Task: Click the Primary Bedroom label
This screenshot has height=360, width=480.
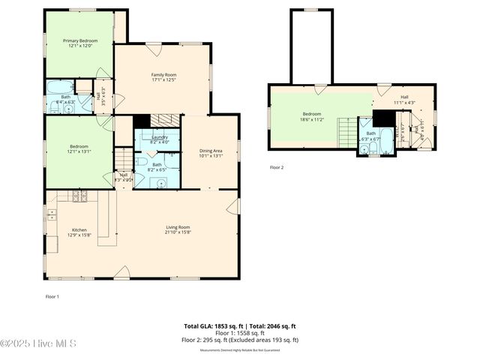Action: pyautogui.click(x=79, y=43)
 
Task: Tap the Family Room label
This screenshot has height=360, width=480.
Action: pyautogui.click(x=163, y=77)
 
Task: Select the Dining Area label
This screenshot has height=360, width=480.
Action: pyautogui.click(x=210, y=153)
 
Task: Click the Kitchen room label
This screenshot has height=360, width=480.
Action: pyautogui.click(x=79, y=232)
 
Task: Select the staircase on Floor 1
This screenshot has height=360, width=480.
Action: pyautogui.click(x=122, y=159)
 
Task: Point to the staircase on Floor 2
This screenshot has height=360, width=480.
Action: pyautogui.click(x=346, y=133)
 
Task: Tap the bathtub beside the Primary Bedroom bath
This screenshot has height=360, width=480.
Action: pyautogui.click(x=60, y=87)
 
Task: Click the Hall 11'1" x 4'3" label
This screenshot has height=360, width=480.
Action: pyautogui.click(x=403, y=100)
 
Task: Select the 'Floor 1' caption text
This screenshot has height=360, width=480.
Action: pyautogui.click(x=52, y=297)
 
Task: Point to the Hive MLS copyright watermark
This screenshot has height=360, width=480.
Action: pyautogui.click(x=38, y=343)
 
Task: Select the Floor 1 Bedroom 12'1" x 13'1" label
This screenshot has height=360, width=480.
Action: pyautogui.click(x=79, y=148)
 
